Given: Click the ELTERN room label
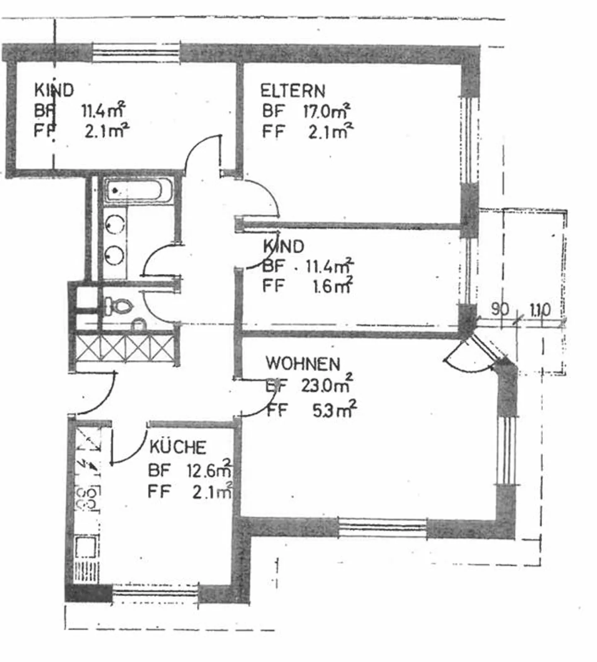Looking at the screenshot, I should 292,91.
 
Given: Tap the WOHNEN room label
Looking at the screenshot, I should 303,364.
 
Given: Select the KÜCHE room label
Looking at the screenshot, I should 177,447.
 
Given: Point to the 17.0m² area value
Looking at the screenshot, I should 327,111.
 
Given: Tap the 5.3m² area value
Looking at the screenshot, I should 334,410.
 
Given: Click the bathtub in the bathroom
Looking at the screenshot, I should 137,191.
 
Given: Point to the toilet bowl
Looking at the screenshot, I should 120,307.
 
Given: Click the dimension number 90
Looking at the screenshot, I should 500,309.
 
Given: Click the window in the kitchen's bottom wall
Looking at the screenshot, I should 155,592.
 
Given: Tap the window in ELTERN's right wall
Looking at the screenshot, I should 470,140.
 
